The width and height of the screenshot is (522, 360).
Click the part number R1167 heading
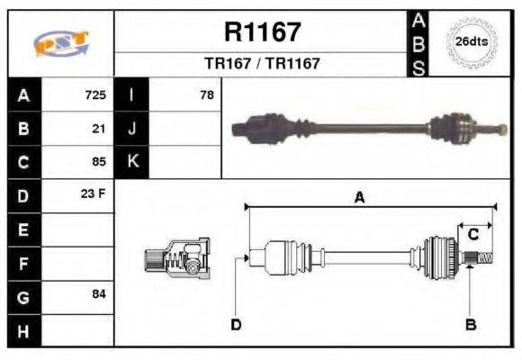(x=262, y=32)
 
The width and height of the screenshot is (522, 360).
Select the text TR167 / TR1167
(x=262, y=65)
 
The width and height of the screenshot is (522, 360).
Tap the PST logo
(x=60, y=42)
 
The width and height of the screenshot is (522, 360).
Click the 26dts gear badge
(x=471, y=42)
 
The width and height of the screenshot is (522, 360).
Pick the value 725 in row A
(x=95, y=94)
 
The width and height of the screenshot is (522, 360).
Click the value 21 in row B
(x=100, y=128)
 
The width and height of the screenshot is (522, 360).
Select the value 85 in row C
(x=100, y=162)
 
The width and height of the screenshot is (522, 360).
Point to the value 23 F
(x=95, y=195)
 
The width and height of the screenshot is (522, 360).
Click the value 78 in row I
(x=207, y=94)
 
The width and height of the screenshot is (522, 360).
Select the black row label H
(x=23, y=330)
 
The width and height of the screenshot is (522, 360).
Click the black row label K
(x=131, y=162)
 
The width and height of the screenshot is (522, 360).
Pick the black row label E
(x=23, y=229)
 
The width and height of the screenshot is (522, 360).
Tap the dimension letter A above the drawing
(x=359, y=198)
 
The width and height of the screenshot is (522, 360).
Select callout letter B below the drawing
(x=470, y=324)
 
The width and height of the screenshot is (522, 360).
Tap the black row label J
(x=131, y=128)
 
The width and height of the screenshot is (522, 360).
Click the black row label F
(x=23, y=263)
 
